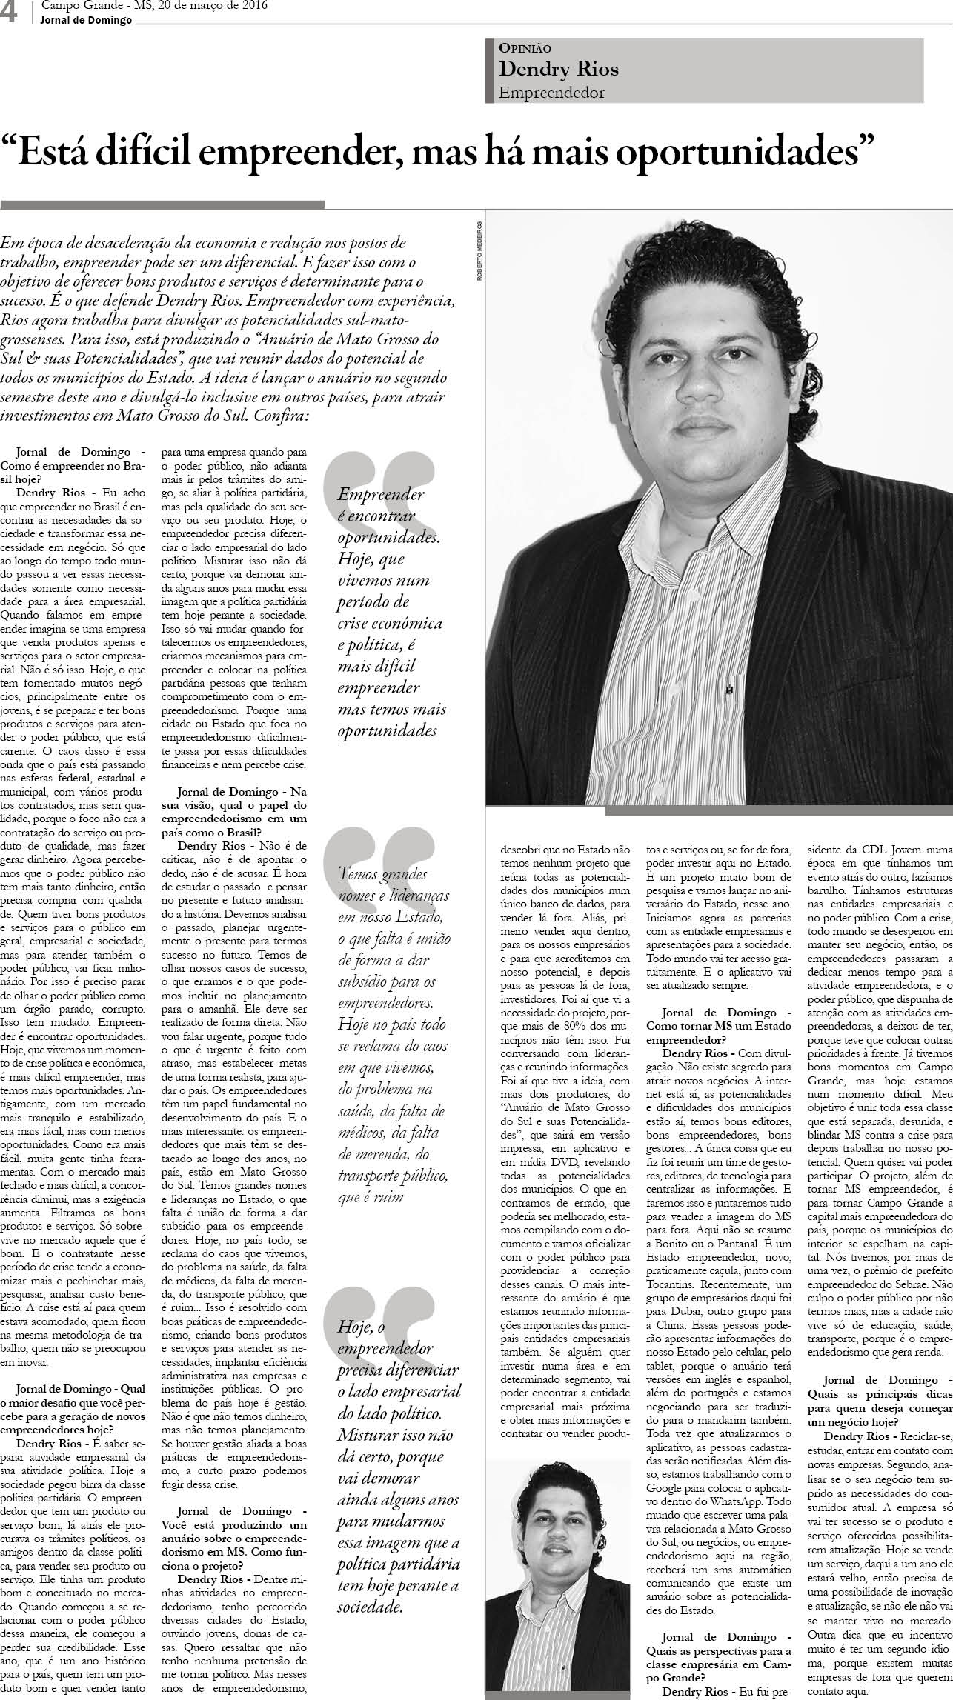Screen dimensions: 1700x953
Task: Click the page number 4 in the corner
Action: coord(10,13)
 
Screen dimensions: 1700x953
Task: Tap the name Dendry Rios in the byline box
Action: coord(559,69)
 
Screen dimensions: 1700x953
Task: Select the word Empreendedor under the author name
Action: coord(551,93)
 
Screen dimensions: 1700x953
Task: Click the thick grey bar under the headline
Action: coord(162,204)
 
